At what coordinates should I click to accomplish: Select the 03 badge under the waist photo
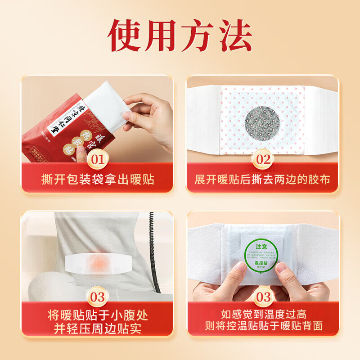click(x=98, y=298)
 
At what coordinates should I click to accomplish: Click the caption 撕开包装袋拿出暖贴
click(x=98, y=180)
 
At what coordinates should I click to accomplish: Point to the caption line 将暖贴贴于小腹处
click(x=98, y=315)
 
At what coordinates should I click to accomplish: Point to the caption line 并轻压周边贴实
click(x=98, y=327)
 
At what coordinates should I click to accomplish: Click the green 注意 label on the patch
click(x=261, y=247)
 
